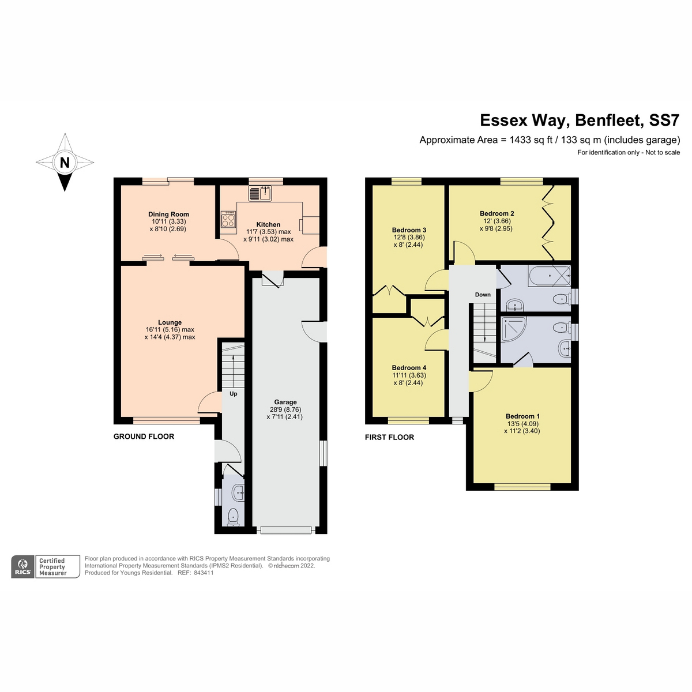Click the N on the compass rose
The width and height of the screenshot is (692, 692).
[65, 163]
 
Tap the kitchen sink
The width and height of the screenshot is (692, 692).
[260, 193]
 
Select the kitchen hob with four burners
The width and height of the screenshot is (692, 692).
[228, 220]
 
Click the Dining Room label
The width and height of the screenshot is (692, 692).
[168, 214]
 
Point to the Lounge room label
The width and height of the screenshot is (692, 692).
[170, 322]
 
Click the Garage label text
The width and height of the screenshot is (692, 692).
[285, 402]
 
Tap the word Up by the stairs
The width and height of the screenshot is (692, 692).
[234, 394]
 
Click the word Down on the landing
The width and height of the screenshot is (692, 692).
[483, 295]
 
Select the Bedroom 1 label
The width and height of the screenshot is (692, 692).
[522, 416]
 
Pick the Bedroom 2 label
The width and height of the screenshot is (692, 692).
[497, 213]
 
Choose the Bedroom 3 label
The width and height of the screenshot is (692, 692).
[409, 230]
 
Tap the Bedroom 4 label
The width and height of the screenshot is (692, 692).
[409, 368]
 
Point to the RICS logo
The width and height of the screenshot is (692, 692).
[23, 567]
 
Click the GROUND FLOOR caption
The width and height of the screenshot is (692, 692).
[144, 437]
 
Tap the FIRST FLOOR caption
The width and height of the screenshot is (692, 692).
[389, 437]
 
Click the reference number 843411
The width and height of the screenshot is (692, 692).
[204, 573]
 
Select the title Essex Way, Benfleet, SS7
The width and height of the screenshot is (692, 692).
[580, 121]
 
